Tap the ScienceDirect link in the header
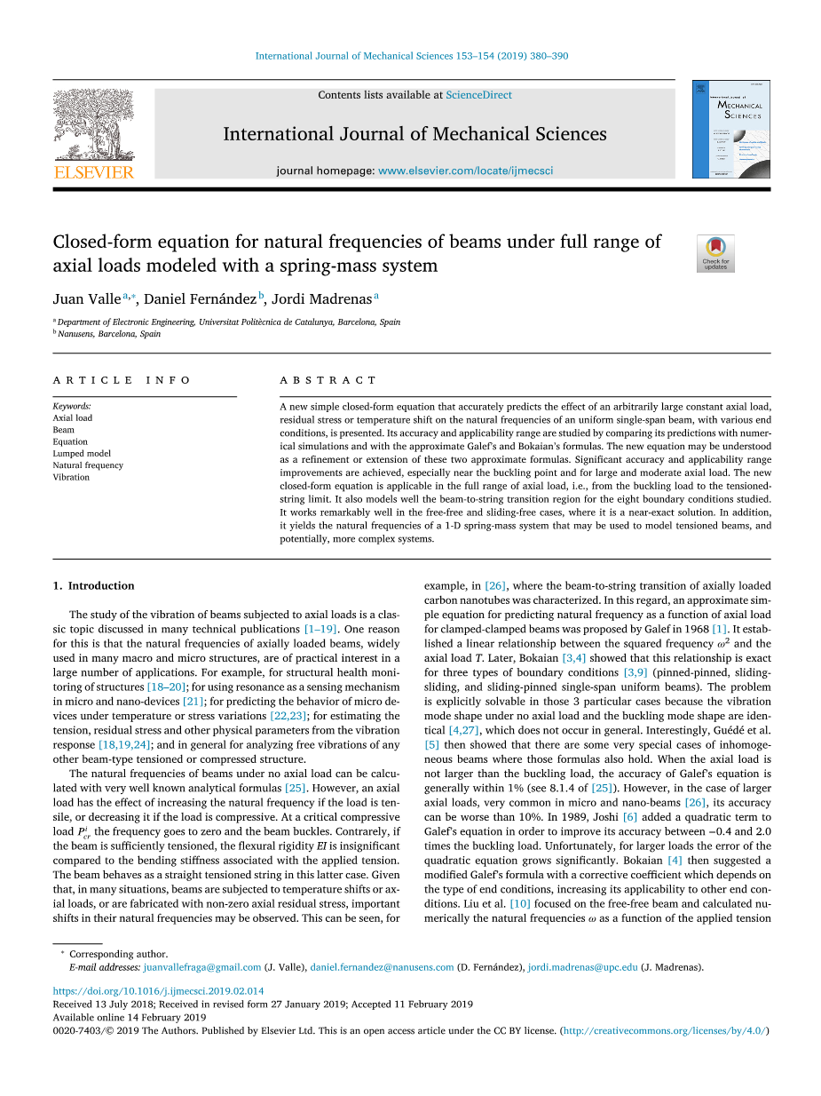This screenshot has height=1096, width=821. (x=478, y=95)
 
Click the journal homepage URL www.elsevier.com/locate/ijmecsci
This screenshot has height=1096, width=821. (x=465, y=171)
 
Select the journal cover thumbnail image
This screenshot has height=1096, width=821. (x=731, y=129)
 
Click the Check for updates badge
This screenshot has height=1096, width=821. (x=715, y=253)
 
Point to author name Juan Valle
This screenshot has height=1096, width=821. (x=87, y=298)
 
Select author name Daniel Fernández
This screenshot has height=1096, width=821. (x=200, y=298)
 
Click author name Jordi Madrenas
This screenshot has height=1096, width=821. (x=321, y=298)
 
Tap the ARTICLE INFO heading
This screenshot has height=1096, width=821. (x=122, y=380)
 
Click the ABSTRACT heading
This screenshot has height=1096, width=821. (x=328, y=380)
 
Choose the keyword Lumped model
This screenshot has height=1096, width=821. (x=82, y=453)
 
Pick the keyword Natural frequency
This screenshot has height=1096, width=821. (x=88, y=465)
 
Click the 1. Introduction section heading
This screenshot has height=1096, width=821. (x=94, y=585)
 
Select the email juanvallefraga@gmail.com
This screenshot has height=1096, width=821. (x=201, y=967)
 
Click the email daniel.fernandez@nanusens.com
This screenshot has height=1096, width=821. (x=382, y=967)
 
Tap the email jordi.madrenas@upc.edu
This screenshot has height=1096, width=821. (x=582, y=967)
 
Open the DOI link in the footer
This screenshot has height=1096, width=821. (x=158, y=990)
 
